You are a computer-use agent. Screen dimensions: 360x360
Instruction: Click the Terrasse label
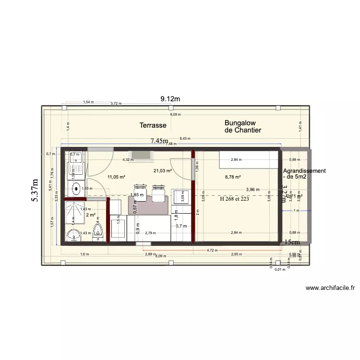click(x=153, y=125)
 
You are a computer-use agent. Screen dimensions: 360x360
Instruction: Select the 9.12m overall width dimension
click(x=170, y=99)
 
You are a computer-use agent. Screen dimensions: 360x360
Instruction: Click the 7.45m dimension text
click(x=159, y=141)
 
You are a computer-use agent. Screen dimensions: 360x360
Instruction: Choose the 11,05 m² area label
click(x=116, y=177)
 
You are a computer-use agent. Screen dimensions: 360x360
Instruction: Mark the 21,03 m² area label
click(x=163, y=171)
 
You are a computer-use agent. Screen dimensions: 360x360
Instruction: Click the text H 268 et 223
click(x=234, y=198)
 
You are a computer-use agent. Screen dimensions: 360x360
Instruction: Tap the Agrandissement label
click(x=304, y=171)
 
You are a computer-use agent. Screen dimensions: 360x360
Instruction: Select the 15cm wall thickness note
click(x=291, y=242)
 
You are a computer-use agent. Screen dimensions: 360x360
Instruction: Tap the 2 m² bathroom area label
click(x=91, y=215)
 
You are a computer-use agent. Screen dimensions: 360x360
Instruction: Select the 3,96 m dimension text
click(x=252, y=190)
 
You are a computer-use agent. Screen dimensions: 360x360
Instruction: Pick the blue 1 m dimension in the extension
click(x=296, y=211)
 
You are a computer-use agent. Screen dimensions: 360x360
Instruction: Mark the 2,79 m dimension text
click(x=150, y=233)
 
